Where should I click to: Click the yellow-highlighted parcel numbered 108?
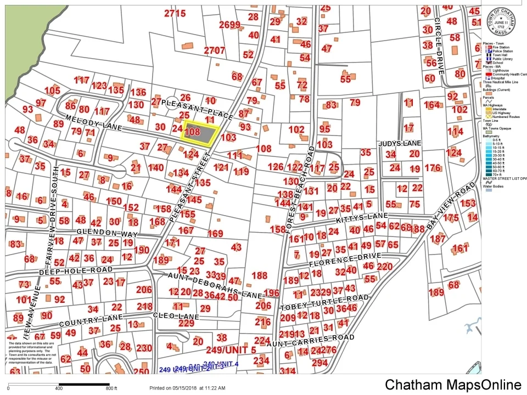(x=200, y=133)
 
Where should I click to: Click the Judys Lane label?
(x=399, y=144)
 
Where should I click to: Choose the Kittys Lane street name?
(x=357, y=218)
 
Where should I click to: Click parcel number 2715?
(x=175, y=13)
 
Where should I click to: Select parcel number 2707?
(x=215, y=50)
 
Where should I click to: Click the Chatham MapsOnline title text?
(x=453, y=385)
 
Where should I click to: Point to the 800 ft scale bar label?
(x=111, y=388)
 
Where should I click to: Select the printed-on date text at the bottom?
(x=187, y=388)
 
